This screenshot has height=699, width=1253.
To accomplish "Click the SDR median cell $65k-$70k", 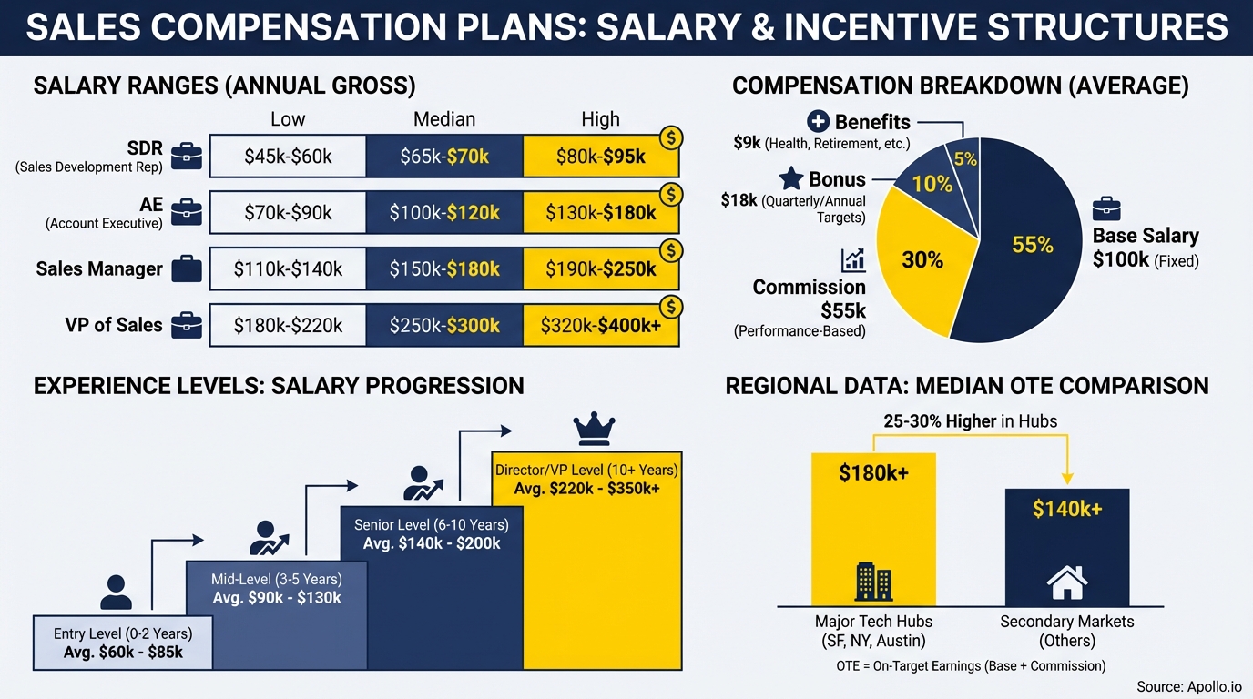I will point(444,156).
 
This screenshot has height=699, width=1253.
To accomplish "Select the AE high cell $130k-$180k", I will point(600,212).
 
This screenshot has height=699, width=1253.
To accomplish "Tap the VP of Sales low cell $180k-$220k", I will point(288,325).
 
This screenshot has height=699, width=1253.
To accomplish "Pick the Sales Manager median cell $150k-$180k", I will point(444,268).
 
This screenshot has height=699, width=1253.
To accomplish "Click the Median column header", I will point(444,119).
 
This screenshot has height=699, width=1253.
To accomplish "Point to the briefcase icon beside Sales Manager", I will point(188,268).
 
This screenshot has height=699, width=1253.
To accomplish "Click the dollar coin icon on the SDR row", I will point(671,138).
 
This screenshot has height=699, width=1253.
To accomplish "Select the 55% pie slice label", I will point(1032,244).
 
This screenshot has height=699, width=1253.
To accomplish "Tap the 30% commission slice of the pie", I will point(922,260).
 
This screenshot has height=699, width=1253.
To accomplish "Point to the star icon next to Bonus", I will point(790,178).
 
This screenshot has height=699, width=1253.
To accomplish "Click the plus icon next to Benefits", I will point(817,121).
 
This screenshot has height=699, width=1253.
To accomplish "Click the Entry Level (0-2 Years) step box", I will point(123,643).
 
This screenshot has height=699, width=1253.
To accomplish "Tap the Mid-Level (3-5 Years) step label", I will point(276,579).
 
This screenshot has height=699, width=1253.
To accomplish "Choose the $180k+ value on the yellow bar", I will point(873,472).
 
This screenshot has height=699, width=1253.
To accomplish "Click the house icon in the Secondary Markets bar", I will point(1067,582).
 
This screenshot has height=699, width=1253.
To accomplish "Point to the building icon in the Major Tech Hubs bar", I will point(873,582).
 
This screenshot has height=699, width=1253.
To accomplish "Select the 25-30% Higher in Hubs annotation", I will point(971,420).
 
